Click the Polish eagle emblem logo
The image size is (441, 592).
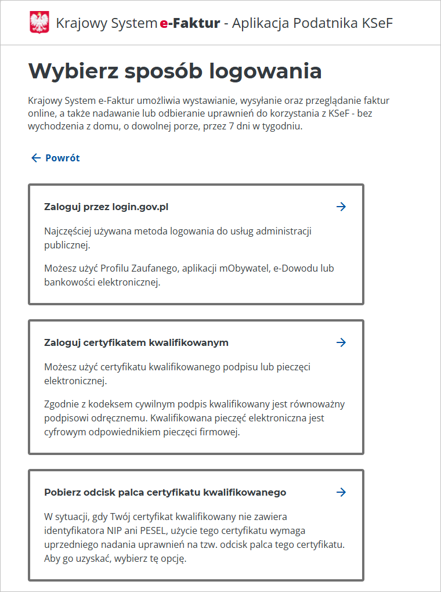pos(39,23)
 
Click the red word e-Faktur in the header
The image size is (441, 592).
pos(190,23)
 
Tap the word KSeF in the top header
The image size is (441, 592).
pos(377,23)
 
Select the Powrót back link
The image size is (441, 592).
pos(63,158)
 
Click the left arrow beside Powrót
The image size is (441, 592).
pos(36,158)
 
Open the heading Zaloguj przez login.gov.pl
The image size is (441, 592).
pos(106,207)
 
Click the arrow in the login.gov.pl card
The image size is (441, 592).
pos(341,207)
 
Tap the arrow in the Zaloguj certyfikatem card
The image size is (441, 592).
pos(341,342)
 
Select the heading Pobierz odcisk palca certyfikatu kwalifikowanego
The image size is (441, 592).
pos(165,492)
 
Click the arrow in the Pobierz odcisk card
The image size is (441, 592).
pos(341,492)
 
